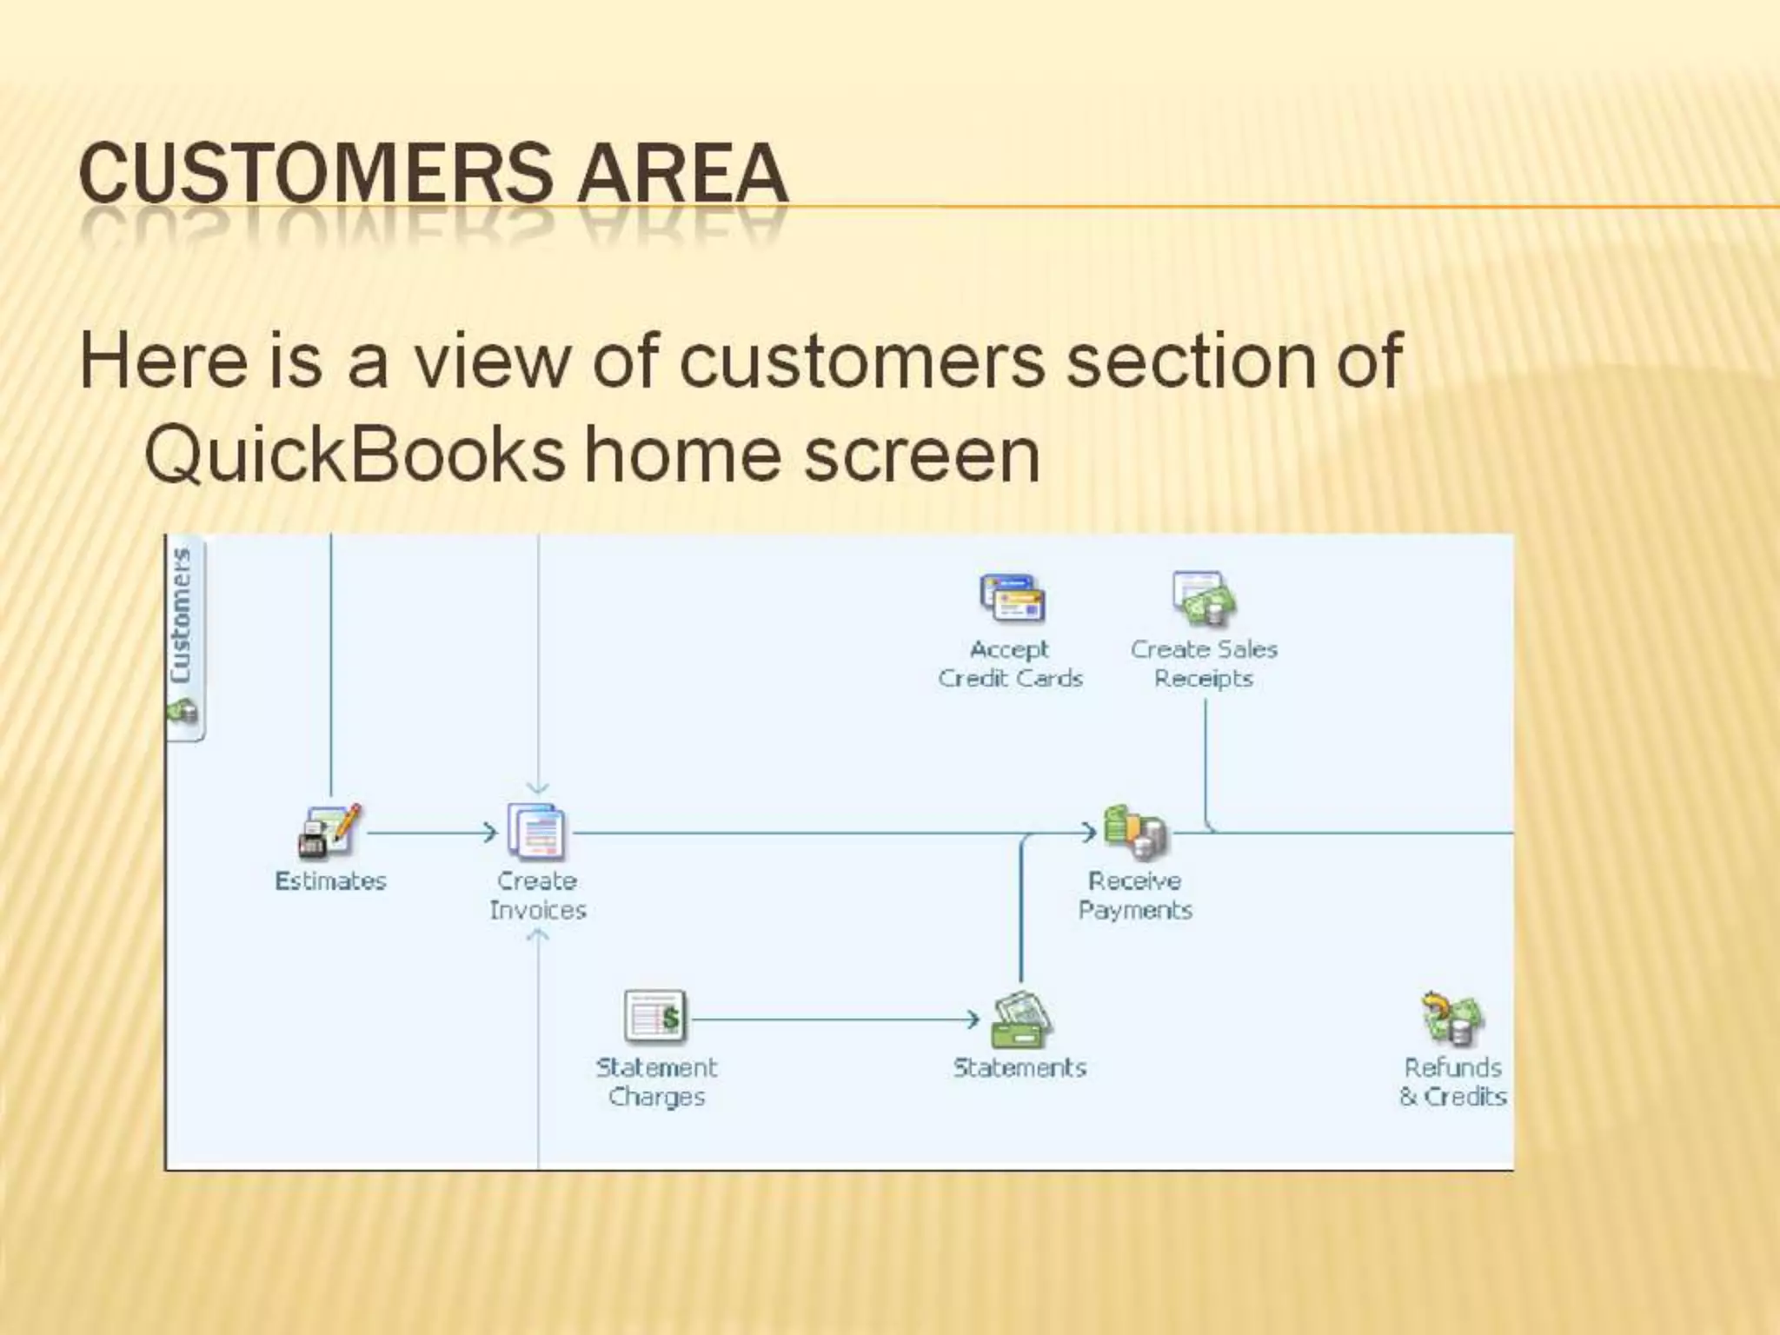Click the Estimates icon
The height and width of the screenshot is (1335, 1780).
tap(329, 831)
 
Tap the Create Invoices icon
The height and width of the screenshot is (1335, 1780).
tap(536, 831)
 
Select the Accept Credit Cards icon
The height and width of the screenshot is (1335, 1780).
tap(1011, 598)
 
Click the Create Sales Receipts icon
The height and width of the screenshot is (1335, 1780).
tap(1204, 598)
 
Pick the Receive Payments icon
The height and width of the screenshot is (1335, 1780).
tap(1135, 831)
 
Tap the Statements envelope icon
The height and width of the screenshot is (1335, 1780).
tap(1021, 1019)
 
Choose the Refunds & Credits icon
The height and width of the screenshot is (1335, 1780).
tap(1452, 1019)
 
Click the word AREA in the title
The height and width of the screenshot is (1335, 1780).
tap(682, 173)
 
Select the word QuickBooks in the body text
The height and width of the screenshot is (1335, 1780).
tap(354, 455)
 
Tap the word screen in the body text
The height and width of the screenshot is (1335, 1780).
tap(921, 455)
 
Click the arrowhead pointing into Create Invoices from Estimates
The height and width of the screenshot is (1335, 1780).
tap(490, 833)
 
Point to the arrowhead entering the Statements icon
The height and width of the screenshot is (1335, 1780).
tap(974, 1019)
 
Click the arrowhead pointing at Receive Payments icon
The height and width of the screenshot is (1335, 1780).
tap(1089, 833)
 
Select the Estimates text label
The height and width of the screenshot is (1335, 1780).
tap(330, 881)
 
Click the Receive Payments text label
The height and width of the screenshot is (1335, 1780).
tap(1135, 895)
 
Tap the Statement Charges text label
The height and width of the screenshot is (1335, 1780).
tap(656, 1082)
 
